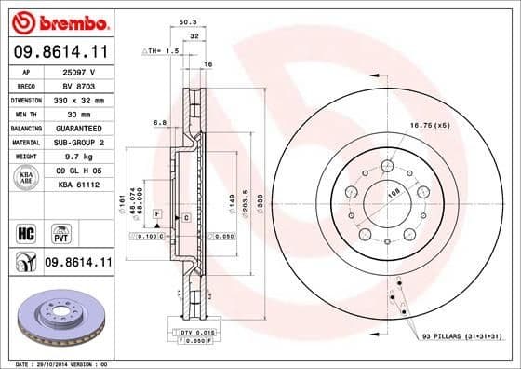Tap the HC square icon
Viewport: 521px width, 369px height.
click(x=25, y=231)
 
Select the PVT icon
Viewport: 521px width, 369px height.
click(x=59, y=231)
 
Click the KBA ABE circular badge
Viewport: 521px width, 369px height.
click(x=25, y=178)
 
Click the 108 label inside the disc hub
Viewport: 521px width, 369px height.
click(x=392, y=192)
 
